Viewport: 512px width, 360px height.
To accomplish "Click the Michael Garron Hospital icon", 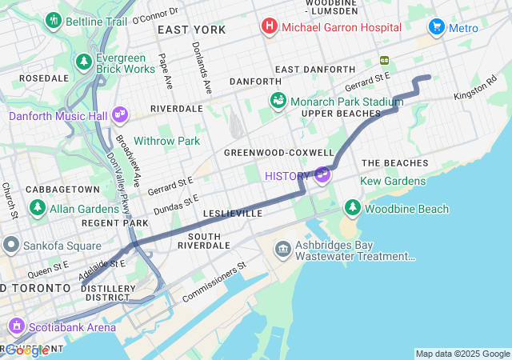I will click(x=270, y=27).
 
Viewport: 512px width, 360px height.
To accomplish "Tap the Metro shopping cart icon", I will click(x=436, y=27).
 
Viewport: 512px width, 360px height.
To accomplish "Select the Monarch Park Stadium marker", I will click(x=278, y=101).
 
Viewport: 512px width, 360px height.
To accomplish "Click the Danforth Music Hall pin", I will click(x=119, y=115).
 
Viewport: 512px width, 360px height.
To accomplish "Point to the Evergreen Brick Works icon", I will click(x=84, y=61).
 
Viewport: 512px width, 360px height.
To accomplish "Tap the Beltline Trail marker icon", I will click(x=54, y=20).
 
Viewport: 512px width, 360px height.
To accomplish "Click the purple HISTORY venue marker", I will click(x=322, y=174).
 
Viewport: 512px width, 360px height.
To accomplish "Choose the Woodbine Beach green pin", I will click(x=352, y=208).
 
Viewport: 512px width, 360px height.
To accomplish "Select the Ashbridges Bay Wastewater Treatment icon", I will click(x=282, y=249).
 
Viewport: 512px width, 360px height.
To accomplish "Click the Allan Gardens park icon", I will click(x=37, y=207).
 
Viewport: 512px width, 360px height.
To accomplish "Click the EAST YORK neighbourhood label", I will click(x=191, y=30).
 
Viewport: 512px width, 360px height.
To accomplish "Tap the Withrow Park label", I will click(x=166, y=141).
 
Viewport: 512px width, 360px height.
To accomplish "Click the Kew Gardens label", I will click(x=393, y=182).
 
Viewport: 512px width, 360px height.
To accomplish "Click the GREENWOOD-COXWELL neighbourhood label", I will click(x=278, y=152).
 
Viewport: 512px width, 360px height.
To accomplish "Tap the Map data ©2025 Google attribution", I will click(x=462, y=354).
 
